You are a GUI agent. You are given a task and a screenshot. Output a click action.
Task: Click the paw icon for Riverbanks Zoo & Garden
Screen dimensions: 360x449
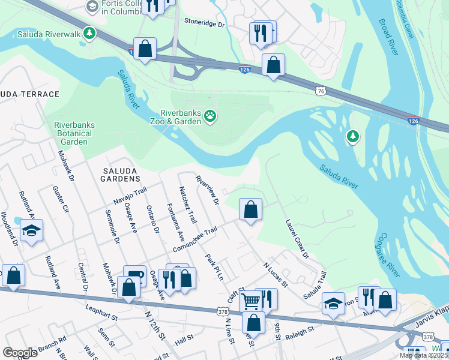209,116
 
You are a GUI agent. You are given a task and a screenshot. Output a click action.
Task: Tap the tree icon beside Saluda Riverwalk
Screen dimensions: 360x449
89,33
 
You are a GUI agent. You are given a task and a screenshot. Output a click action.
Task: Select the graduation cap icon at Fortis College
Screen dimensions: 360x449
92,7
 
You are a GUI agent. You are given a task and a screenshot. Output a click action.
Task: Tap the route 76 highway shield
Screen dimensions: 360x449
321,90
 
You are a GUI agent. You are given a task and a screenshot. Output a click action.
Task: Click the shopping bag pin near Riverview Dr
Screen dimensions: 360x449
251,210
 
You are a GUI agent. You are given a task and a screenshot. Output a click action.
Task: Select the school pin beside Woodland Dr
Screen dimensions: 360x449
31,231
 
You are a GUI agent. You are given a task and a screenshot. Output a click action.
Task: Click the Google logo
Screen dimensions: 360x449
20,353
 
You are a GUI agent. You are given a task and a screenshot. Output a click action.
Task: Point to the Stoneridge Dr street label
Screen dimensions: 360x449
203,25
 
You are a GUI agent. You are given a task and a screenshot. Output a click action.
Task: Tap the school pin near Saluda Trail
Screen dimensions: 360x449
333,303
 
